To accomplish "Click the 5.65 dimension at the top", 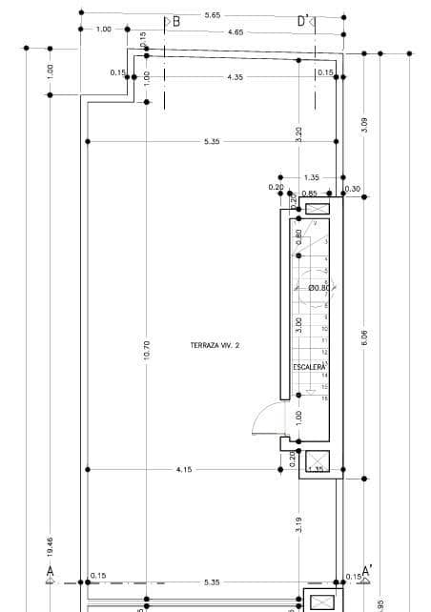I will tap(212, 15).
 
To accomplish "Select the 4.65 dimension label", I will tap(236, 32).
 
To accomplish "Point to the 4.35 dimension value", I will tap(236, 77).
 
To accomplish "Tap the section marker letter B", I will tap(175, 20).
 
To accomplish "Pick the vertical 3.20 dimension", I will tap(299, 134).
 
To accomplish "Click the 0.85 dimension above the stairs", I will tap(310, 194).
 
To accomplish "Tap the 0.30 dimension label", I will tap(354, 189).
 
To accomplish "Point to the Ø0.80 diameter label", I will tap(319, 287).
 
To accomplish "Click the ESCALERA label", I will tap(309, 366).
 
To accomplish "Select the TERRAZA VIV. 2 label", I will tap(215, 345).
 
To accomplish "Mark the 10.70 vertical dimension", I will tap(146, 350).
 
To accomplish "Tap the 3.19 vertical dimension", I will tap(299, 523).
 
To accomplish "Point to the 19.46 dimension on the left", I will tap(51, 545).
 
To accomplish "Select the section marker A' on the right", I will tap(366, 569).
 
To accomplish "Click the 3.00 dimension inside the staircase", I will tap(298, 323).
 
